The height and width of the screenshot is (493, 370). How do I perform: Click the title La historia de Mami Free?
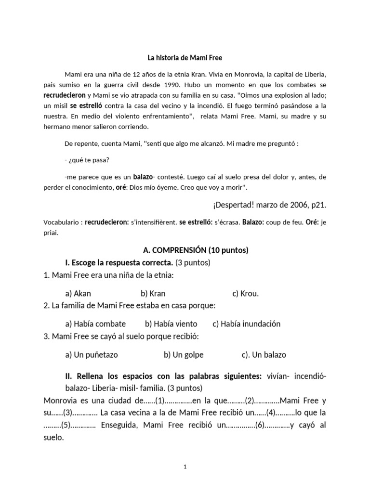[x=185, y=58]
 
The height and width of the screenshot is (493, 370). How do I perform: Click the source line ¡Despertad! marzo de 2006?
[x=269, y=205]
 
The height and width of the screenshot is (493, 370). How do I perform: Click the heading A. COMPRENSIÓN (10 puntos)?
[x=196, y=250]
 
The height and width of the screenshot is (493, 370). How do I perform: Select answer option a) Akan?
[x=78, y=293]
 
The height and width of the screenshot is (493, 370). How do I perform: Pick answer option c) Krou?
[x=246, y=293]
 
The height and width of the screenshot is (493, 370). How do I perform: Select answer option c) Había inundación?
[x=246, y=324]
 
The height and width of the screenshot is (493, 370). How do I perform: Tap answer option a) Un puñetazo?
[x=92, y=355]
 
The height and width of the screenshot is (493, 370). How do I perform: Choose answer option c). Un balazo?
[x=264, y=355]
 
